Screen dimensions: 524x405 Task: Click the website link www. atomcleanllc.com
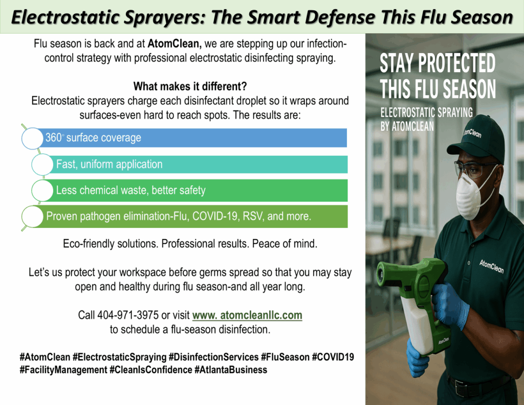(247, 315)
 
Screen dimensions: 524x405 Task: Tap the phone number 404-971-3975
(128, 315)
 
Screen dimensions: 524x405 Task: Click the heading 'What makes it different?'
(190, 87)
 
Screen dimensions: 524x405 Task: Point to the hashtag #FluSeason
(285, 357)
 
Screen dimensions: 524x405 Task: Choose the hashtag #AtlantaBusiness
(231, 370)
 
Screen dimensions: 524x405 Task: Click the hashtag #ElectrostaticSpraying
(119, 357)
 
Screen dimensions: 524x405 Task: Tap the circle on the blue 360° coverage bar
(32, 138)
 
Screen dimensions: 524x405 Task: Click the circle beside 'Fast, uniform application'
(42, 164)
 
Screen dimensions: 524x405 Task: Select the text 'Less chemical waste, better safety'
(130, 190)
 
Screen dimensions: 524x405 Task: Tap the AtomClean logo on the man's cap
(472, 133)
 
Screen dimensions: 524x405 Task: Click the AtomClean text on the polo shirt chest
(492, 267)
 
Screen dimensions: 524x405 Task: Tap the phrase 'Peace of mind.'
(285, 244)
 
